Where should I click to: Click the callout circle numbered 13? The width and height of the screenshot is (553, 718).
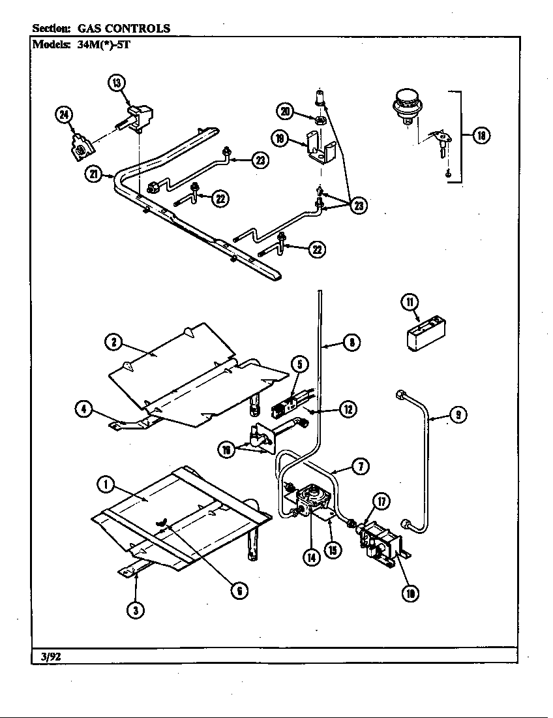(x=116, y=82)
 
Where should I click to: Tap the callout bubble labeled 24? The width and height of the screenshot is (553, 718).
(x=64, y=116)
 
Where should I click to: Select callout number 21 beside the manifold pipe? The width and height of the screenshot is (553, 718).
(x=93, y=174)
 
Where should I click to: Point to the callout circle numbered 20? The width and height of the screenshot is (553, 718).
(x=284, y=112)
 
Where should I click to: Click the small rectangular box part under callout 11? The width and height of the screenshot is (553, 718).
(x=421, y=338)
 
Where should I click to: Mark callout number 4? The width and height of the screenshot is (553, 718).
(x=83, y=409)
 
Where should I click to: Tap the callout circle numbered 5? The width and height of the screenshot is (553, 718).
(x=299, y=364)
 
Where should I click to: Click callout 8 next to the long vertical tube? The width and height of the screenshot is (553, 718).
(x=351, y=342)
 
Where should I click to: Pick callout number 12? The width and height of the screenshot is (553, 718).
(x=348, y=409)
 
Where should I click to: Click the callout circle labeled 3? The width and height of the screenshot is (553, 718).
(x=135, y=610)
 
